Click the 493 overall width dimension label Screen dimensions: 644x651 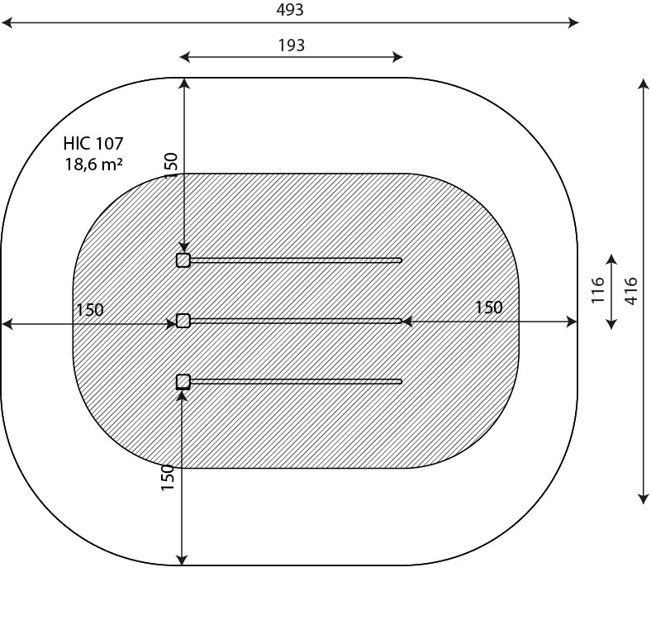(x=290, y=10)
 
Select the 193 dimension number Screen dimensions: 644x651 (x=291, y=45)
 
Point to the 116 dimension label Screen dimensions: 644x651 (x=599, y=290)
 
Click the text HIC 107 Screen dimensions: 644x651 (x=93, y=145)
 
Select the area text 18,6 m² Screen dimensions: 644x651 (x=93, y=164)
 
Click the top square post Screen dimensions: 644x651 (x=183, y=260)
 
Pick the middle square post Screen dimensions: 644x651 (x=183, y=321)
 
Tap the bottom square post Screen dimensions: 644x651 (x=183, y=381)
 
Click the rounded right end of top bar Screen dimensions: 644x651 (x=400, y=260)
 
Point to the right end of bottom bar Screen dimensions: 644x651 (x=400, y=381)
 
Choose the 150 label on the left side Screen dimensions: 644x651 (x=90, y=310)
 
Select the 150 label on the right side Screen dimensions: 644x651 (x=488, y=308)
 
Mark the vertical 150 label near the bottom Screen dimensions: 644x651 (x=168, y=478)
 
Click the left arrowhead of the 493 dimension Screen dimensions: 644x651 (x=6, y=23)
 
